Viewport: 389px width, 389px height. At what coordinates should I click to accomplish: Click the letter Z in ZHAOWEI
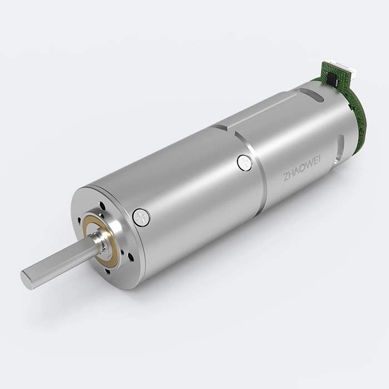click(x=286, y=177)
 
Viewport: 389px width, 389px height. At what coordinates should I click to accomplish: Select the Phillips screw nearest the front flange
click(x=142, y=217)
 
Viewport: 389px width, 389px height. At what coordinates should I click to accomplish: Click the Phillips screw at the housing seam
click(x=245, y=162)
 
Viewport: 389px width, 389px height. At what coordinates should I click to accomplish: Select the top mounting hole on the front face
click(x=102, y=206)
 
